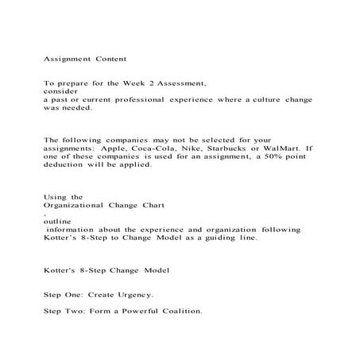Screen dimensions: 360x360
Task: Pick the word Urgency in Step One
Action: (x=133, y=293)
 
